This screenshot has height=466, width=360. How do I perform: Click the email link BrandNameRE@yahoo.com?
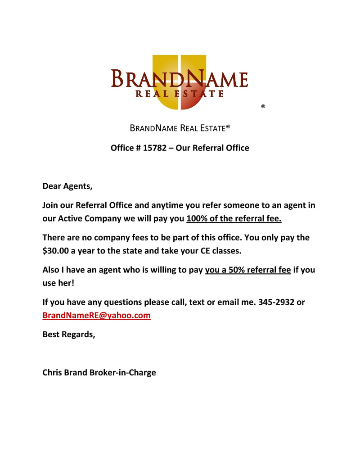[x=96, y=316]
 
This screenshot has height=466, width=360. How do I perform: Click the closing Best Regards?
[x=68, y=334]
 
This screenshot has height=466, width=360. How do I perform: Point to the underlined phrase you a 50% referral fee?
[x=248, y=271]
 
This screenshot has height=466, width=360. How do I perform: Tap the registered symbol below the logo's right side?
[x=263, y=107]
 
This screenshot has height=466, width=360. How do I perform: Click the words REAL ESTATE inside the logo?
[x=180, y=94]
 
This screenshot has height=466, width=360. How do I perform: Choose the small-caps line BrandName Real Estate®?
[x=180, y=128]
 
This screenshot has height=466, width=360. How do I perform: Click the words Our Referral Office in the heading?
[x=212, y=148]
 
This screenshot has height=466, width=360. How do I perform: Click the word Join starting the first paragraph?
[x=51, y=206]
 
